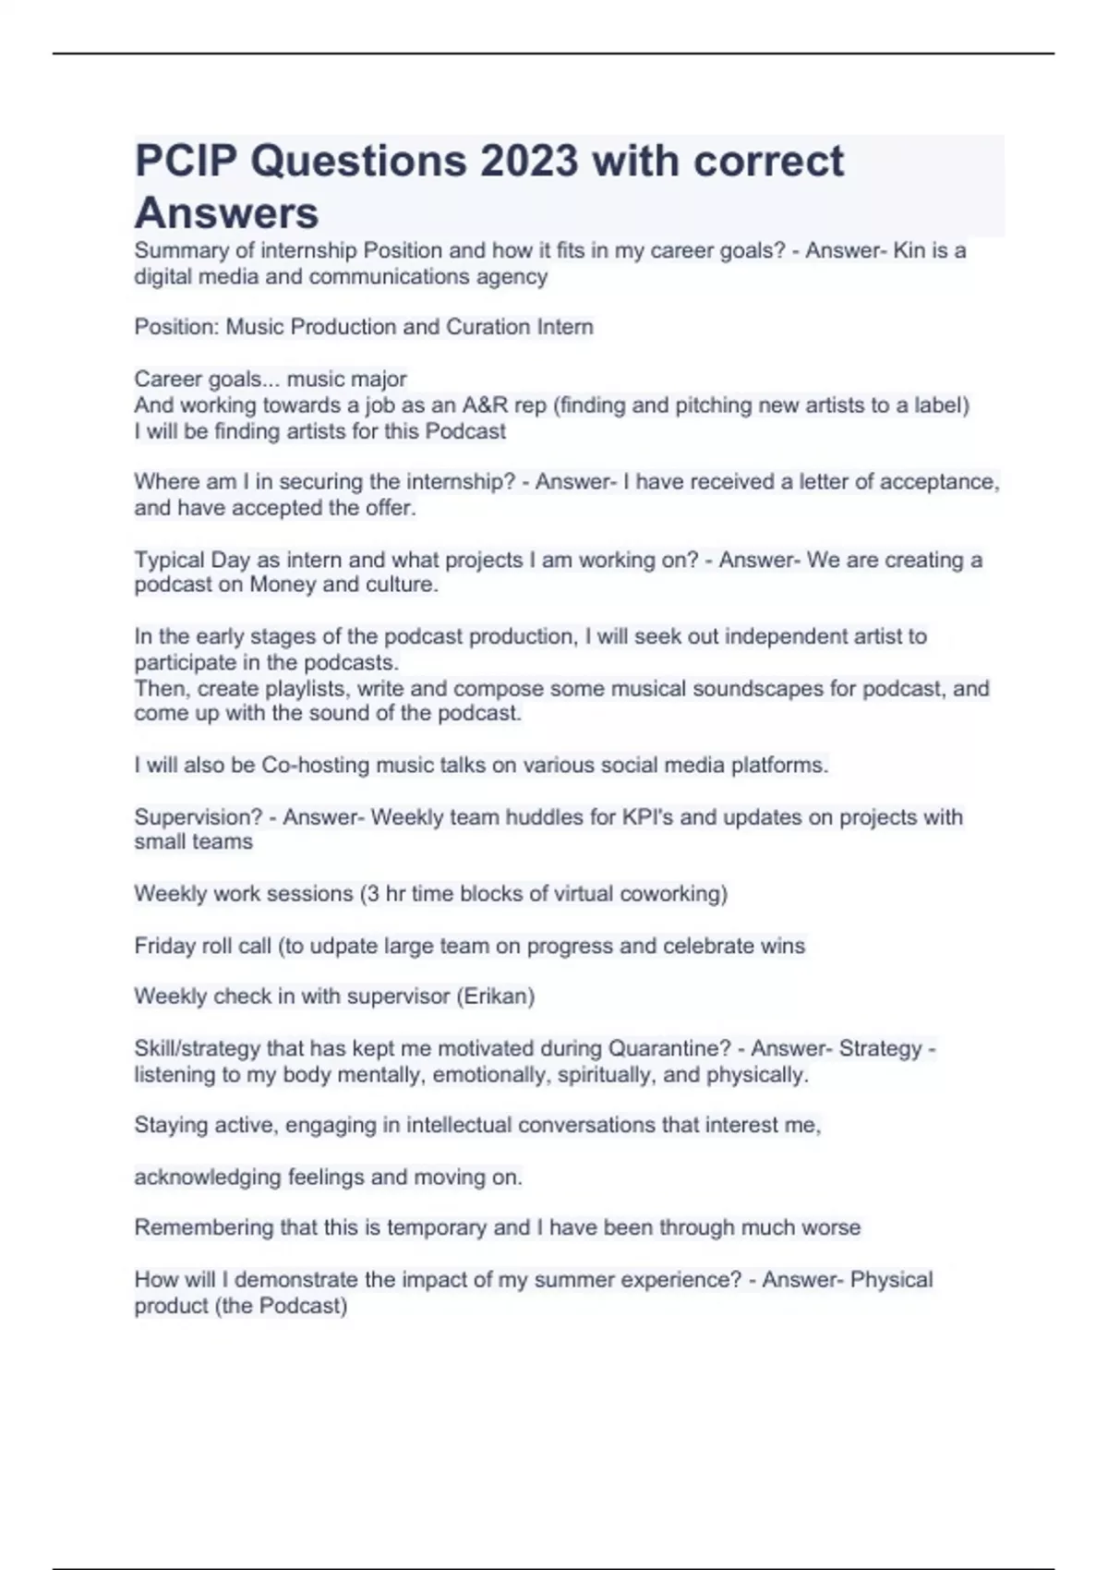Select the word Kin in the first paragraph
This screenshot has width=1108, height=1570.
(909, 250)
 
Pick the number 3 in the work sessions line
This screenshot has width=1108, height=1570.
(372, 894)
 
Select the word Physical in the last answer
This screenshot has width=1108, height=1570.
(891, 1280)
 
